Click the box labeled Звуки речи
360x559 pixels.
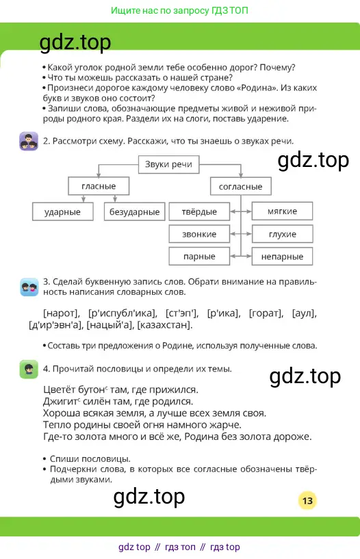pos(168,164)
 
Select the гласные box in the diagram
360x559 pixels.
pos(99,186)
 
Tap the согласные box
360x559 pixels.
pos(241,187)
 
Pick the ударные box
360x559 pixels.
pos(63,212)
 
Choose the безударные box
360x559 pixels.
pos(134,212)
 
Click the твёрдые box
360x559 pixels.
pos(199,212)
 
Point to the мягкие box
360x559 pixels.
pos(282,211)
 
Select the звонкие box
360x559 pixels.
pos(199,234)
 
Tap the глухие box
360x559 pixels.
pos(282,234)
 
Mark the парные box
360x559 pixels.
pos(199,257)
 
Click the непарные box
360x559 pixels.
pos(282,257)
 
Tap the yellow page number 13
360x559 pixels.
pos(307,501)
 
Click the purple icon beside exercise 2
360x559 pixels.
pos(29,141)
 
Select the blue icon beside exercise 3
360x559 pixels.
pos(29,287)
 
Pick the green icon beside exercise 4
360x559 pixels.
pos(29,369)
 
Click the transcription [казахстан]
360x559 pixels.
pos(165,325)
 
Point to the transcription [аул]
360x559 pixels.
pos(305,313)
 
